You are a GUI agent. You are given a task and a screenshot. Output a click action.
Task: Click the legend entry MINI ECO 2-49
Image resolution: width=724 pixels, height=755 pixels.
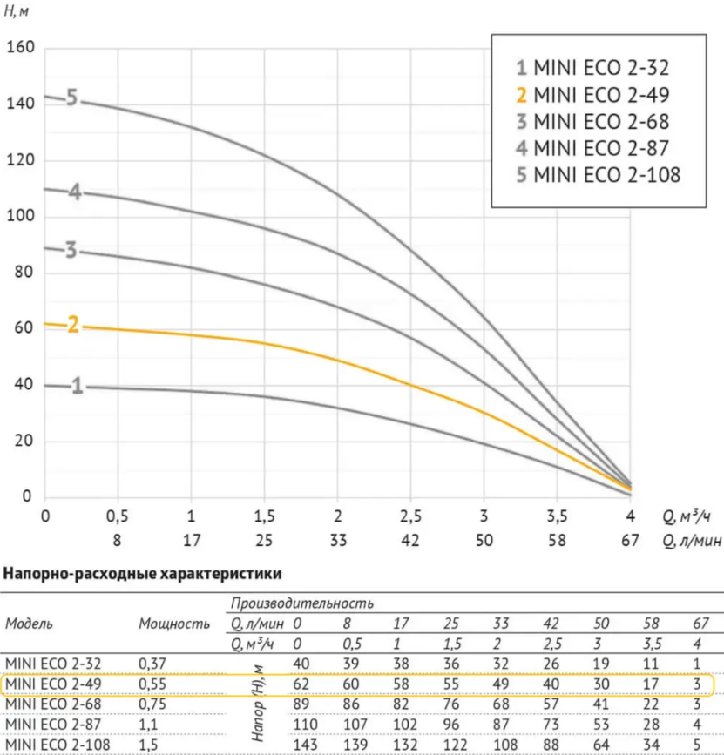point(592,95)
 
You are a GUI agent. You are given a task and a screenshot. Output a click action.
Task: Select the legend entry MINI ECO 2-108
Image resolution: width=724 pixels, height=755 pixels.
point(599,175)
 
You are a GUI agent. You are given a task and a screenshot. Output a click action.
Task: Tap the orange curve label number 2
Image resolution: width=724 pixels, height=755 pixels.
point(72,325)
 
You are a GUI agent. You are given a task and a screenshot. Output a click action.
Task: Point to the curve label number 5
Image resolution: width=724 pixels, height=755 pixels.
point(71,98)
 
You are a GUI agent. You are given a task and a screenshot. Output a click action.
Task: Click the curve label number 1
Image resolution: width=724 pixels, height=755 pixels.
point(77,386)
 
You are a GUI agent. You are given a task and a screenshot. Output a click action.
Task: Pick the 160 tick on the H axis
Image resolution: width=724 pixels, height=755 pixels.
point(20,47)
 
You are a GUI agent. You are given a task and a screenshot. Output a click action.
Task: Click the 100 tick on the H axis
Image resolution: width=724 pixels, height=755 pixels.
point(20,216)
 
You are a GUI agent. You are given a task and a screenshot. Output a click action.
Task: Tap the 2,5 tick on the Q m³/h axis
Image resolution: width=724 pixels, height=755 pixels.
point(410,516)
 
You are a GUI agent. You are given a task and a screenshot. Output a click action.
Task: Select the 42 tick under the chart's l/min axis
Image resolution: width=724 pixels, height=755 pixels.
point(410,540)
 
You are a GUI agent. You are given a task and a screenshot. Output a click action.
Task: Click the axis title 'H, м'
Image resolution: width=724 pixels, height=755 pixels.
point(16,10)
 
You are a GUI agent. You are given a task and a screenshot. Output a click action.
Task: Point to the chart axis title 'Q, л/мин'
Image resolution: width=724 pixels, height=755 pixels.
point(693,541)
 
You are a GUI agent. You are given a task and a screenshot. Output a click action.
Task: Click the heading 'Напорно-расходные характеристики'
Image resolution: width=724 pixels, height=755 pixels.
point(143,574)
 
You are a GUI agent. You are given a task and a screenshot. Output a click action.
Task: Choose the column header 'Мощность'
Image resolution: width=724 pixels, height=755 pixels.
point(174,624)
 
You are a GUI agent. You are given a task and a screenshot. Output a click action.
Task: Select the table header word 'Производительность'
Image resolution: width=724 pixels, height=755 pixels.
point(302,603)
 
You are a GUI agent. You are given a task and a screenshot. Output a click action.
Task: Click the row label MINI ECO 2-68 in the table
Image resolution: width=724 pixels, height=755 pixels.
point(53,704)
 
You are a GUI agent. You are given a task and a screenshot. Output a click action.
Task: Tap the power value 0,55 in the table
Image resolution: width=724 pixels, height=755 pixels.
point(152,684)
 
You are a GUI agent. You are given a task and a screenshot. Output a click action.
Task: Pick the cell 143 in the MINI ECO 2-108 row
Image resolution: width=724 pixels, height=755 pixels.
point(306,745)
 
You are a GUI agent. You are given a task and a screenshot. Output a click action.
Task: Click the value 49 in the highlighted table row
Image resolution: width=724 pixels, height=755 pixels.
point(501,684)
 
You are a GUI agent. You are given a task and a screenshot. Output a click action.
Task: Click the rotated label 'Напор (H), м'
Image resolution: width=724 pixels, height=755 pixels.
point(258,704)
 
